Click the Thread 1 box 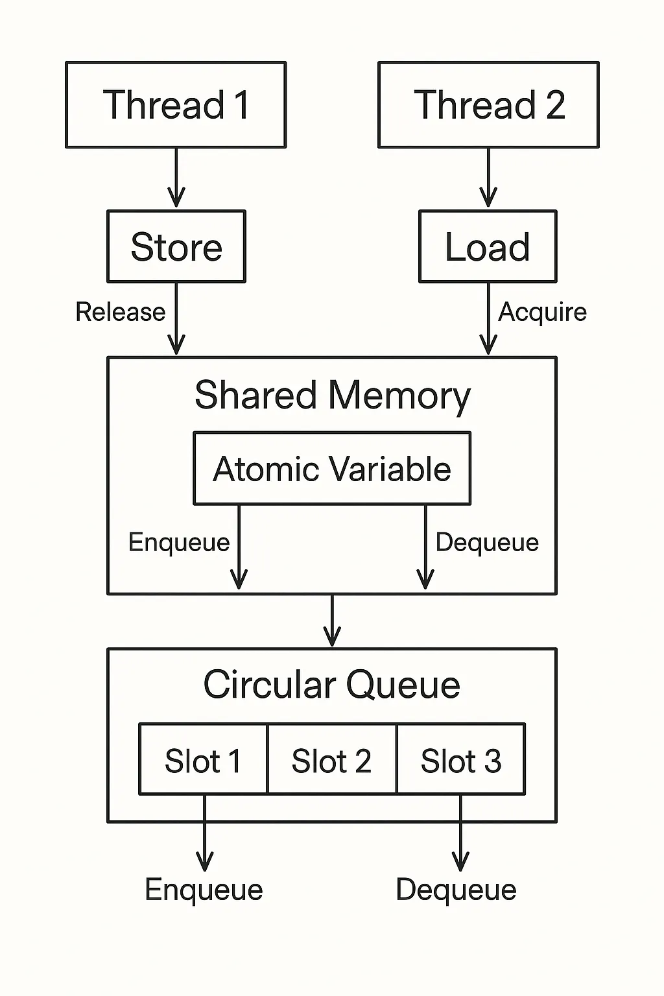click(176, 105)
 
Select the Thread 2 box click(488, 105)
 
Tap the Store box click(176, 246)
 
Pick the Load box click(488, 246)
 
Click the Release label click(121, 312)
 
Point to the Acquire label click(542, 312)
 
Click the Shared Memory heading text click(332, 396)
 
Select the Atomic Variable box click(332, 468)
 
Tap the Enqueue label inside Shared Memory click(179, 542)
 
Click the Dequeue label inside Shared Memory click(487, 542)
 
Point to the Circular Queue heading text click(332, 685)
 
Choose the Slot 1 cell click(203, 760)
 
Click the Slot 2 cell click(331, 760)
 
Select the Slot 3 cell click(460, 760)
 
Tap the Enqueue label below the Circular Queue click(204, 890)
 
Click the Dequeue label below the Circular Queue click(456, 890)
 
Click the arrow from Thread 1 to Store click(176, 178)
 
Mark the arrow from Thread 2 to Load click(488, 178)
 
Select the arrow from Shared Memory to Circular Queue click(332, 621)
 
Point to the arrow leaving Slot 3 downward click(460, 836)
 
